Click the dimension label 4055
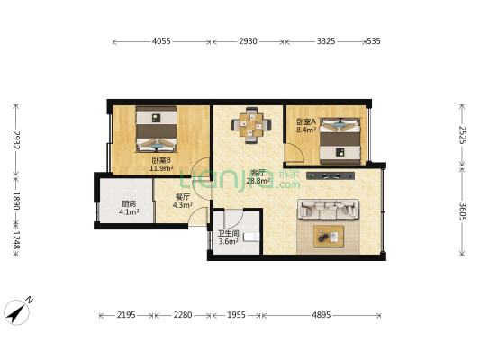point(161,41)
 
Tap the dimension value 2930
point(248,41)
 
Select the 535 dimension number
point(374,41)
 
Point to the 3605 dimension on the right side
point(462,211)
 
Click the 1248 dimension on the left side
point(16,240)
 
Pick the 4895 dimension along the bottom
point(322,315)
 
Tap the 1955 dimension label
point(236,315)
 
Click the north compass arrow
point(17,311)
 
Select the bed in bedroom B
point(157,129)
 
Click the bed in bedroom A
point(340,141)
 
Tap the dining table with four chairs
point(251,125)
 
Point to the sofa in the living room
point(328,210)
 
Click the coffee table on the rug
point(329,237)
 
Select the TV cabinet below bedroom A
point(331,175)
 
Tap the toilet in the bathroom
point(251,238)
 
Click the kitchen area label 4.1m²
point(129,211)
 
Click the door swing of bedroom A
point(294,152)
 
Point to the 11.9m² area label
point(161,168)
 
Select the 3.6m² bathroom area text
point(229,241)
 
